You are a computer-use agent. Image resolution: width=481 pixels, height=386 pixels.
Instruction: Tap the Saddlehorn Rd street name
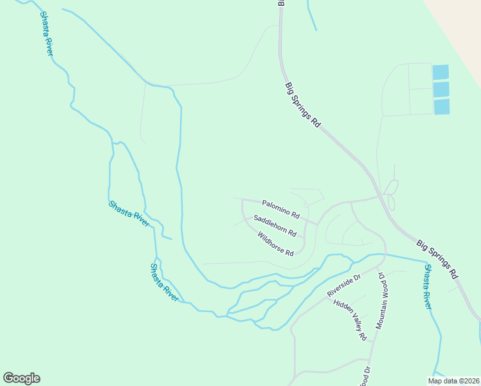tap(275, 225)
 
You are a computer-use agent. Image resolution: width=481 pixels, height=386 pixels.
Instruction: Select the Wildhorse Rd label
tap(275, 243)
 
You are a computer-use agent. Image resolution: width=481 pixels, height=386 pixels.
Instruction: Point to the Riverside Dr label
tap(344, 285)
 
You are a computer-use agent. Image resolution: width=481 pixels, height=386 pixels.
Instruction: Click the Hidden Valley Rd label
tap(350, 319)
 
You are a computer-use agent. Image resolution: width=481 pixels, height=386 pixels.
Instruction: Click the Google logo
tap(21, 378)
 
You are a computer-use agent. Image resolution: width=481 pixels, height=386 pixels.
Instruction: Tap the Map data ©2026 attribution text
tap(453, 381)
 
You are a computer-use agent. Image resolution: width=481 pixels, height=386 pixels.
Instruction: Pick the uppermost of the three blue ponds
tap(440, 72)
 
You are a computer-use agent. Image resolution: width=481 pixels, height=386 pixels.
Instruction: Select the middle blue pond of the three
tap(441, 89)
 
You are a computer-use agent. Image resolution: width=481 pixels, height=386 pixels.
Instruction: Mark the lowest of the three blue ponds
tap(442, 107)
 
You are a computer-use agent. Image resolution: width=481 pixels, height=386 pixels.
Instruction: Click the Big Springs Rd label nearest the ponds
tap(302, 105)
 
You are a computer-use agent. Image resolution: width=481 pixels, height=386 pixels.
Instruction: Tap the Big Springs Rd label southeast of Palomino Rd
tap(437, 259)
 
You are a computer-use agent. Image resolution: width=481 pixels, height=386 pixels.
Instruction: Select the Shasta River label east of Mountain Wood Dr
tap(427, 287)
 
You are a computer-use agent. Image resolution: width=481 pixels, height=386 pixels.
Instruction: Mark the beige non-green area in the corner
tap(460, 26)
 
